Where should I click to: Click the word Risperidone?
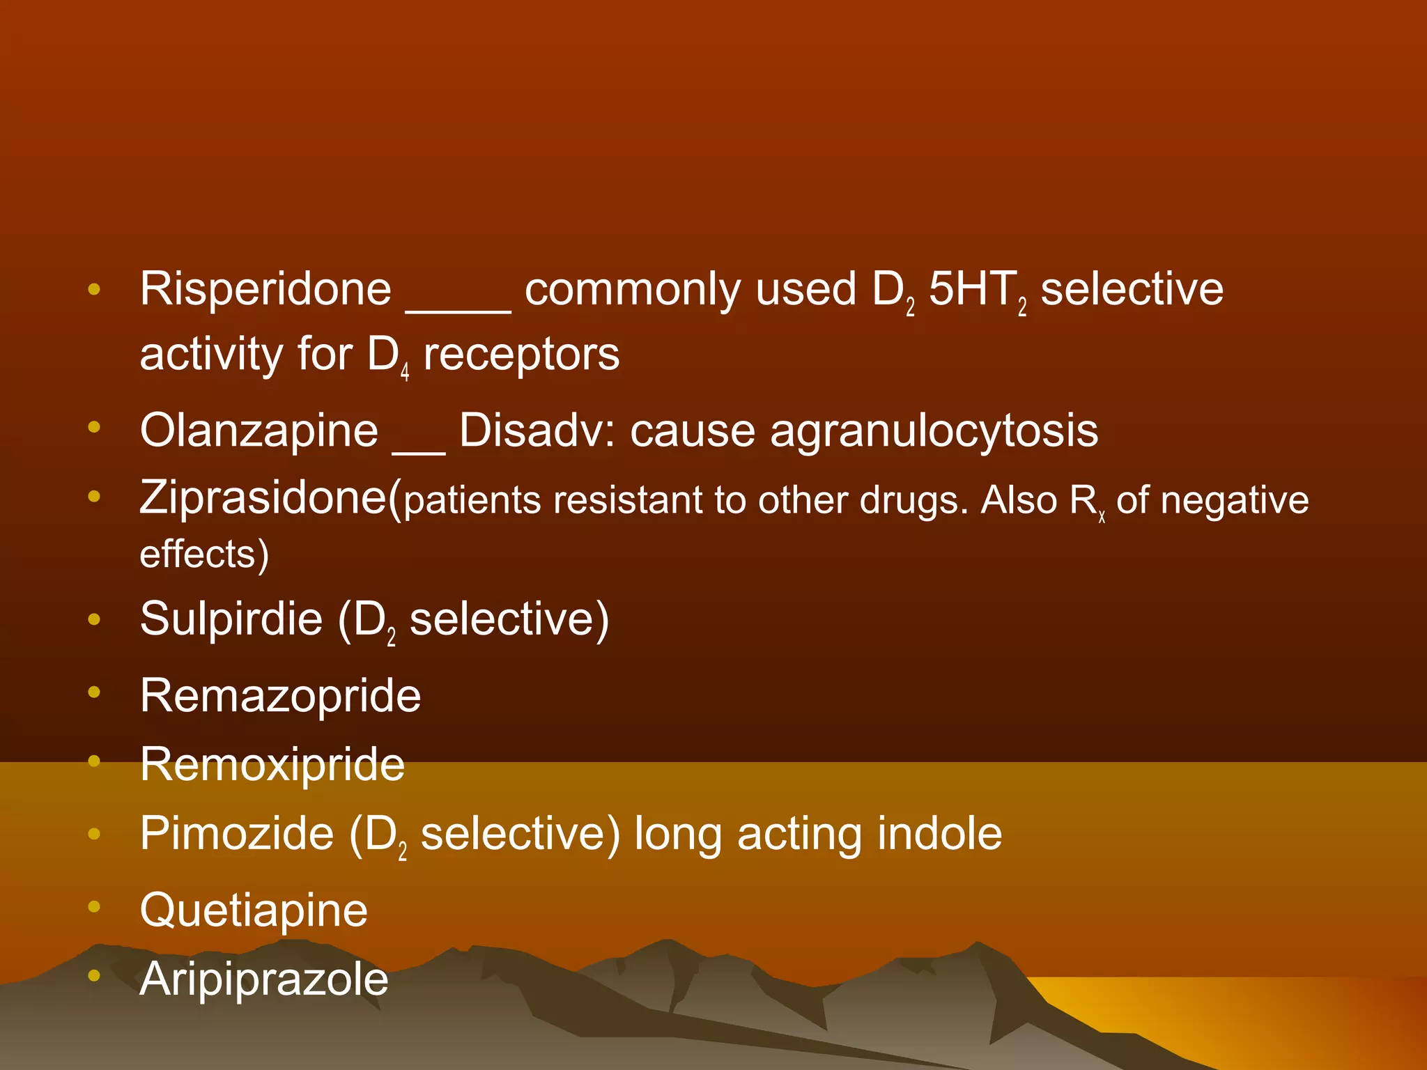point(265,289)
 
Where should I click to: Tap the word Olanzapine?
point(259,431)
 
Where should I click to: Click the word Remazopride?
point(280,696)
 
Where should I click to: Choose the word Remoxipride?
point(272,765)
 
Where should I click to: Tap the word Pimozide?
point(237,834)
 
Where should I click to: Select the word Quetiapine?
point(254,910)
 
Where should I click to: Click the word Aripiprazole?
point(263,979)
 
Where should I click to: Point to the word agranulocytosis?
point(934,431)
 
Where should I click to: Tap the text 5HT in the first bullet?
point(972,289)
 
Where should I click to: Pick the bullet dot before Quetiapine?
point(95,906)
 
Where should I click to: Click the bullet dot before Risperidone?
point(95,289)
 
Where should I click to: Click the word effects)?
point(204,555)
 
